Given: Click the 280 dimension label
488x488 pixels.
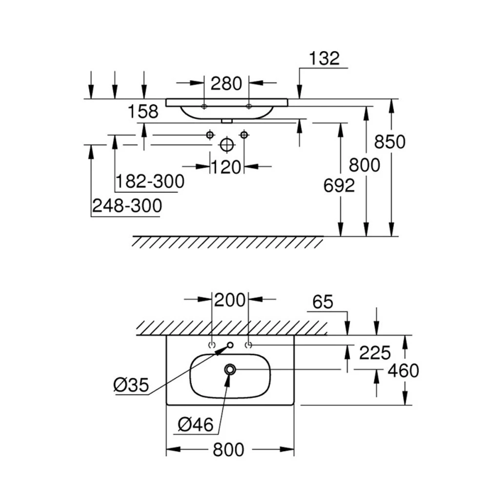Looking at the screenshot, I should coord(226,84).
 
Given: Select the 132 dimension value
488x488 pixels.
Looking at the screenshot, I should coord(324,59).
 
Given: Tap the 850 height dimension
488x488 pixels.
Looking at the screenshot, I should coord(389,142).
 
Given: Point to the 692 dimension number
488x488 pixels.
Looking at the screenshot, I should coord(339,185).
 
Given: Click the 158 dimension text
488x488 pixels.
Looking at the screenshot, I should coord(143,112).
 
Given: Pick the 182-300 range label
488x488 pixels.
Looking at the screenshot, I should coord(150,182).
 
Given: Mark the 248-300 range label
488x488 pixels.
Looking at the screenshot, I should coord(126,206).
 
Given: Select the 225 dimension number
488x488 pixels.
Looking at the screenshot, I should coord(375,352).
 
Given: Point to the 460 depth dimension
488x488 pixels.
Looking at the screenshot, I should coord(403,371).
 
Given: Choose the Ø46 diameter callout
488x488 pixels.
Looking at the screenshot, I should coord(196,426).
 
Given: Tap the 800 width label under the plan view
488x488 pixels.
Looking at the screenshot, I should coord(229,449).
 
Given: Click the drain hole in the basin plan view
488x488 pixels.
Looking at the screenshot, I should coord(230,369).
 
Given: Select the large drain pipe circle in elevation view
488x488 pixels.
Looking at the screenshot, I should coord(225,144).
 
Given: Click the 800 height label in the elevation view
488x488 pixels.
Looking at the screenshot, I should coord(365,165).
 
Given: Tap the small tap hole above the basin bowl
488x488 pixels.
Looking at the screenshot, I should coord(230,346).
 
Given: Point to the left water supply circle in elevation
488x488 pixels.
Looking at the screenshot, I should coord(210,134).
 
